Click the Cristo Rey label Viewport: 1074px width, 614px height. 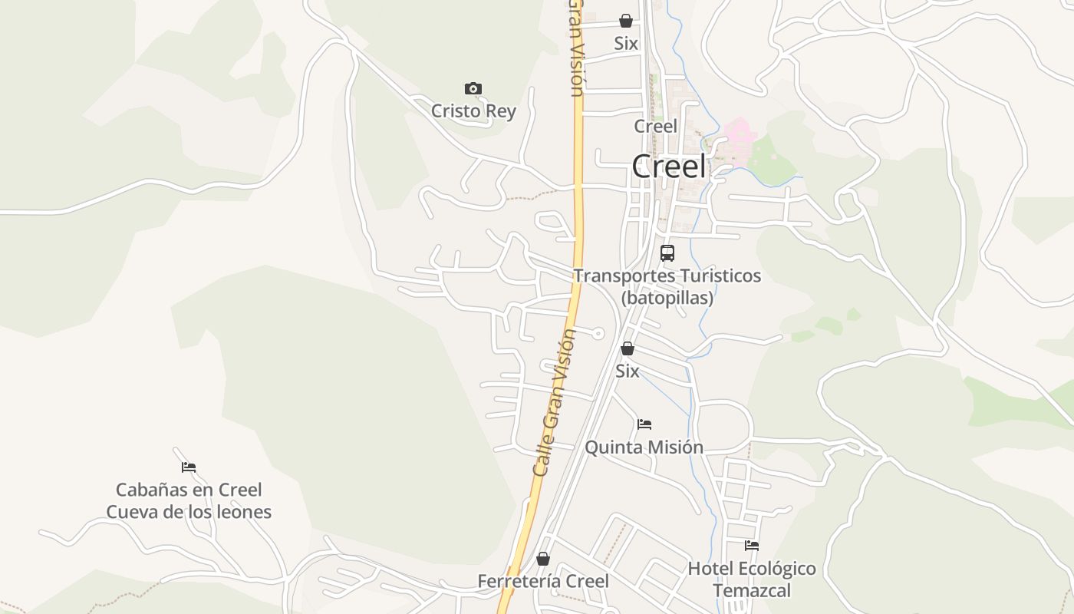point(473,111)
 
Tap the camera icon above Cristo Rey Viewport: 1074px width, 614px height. point(473,89)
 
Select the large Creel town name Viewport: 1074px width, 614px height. point(668,167)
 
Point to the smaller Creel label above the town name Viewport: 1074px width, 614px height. point(655,126)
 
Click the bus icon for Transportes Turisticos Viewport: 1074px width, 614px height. point(667,253)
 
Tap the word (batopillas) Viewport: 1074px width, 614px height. point(667,298)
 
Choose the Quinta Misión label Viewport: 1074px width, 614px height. point(644,447)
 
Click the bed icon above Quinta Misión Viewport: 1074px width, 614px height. point(644,424)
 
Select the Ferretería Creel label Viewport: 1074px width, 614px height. point(543,581)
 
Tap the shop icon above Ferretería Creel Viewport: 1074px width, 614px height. point(543,559)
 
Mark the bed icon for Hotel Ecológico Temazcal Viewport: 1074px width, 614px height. point(752,546)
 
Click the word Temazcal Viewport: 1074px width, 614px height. point(751,590)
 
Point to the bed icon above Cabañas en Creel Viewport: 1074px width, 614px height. point(189,467)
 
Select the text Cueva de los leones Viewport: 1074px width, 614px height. point(189,512)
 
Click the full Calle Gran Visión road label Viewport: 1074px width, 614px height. point(555,403)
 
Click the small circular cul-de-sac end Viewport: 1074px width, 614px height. point(598,333)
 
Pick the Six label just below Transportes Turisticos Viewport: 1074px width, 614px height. point(627,371)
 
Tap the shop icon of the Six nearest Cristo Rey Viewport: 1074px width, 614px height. point(626,21)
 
